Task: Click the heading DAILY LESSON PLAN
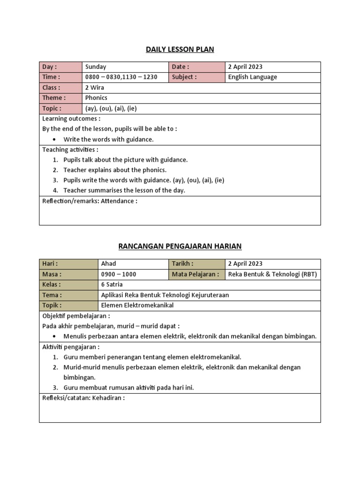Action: pyautogui.click(x=180, y=50)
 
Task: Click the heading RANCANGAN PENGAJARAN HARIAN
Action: pyautogui.click(x=180, y=246)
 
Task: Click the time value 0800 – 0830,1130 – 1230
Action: pyautogui.click(x=121, y=77)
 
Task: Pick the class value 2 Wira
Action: pyautogui.click(x=95, y=88)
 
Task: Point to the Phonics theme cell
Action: pyautogui.click(x=96, y=98)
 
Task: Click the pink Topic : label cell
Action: pyautogui.click(x=60, y=109)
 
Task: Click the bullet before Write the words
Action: pyautogui.click(x=55, y=140)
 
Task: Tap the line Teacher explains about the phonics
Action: pyautogui.click(x=115, y=170)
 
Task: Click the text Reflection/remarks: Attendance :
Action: pyautogui.click(x=90, y=201)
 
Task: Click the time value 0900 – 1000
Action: pyautogui.click(x=119, y=274)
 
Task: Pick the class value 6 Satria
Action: pyautogui.click(x=112, y=285)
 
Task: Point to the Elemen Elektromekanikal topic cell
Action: pyautogui.click(x=137, y=305)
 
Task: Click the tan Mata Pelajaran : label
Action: pyautogui.click(x=195, y=274)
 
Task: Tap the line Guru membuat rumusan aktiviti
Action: pyautogui.click(x=128, y=388)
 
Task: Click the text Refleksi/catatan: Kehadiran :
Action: pyautogui.click(x=83, y=398)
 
